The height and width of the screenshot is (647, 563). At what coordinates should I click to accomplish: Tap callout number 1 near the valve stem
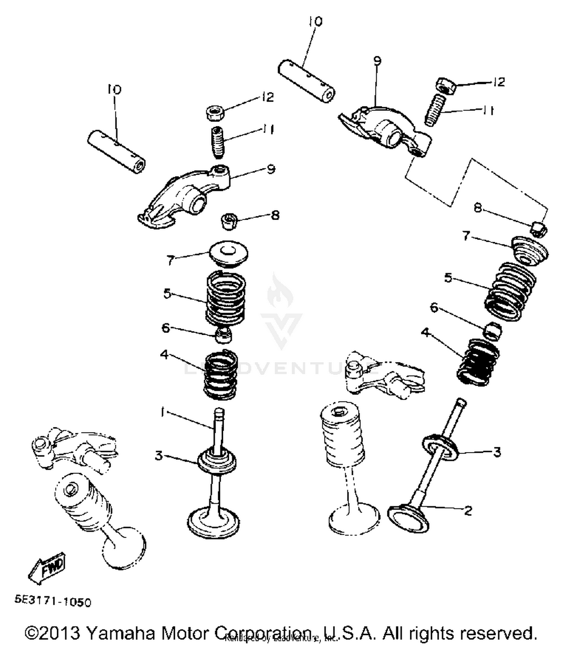[x=162, y=412]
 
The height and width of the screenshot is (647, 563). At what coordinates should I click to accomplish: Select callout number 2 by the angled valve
[x=468, y=510]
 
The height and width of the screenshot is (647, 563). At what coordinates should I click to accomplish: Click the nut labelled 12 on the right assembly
[x=446, y=86]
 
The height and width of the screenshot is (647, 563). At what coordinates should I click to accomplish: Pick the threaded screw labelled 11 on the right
[x=435, y=110]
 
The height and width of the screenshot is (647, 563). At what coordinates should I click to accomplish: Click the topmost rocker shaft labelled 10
[x=306, y=80]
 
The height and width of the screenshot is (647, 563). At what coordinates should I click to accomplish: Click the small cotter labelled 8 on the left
[x=229, y=221]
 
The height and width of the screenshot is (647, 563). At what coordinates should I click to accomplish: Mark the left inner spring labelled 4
[x=221, y=375]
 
